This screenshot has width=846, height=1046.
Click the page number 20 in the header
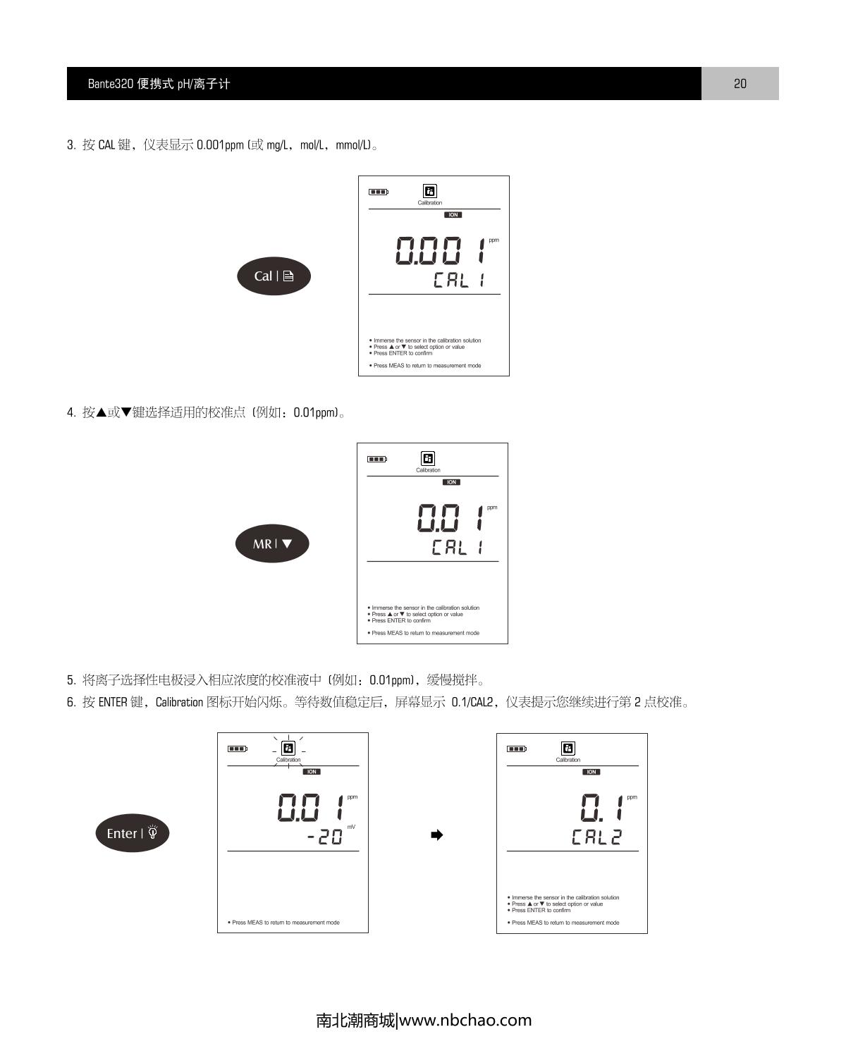[x=740, y=84]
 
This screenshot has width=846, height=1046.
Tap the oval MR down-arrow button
[x=272, y=543]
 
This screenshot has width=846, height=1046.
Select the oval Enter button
[x=133, y=833]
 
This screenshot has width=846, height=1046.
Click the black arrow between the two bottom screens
[x=437, y=835]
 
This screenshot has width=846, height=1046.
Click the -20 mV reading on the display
[x=325, y=837]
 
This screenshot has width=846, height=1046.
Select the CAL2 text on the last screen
[x=596, y=837]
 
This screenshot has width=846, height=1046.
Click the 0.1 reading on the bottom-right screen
[x=601, y=808]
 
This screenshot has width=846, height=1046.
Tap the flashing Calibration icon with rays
[x=288, y=749]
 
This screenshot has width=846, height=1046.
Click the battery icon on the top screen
[x=379, y=192]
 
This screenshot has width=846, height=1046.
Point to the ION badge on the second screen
[x=451, y=482]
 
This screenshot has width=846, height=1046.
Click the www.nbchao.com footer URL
[x=465, y=1021]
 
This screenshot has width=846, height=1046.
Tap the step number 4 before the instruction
[x=70, y=413]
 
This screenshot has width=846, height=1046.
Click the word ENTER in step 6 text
[x=113, y=702]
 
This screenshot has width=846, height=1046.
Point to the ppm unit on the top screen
[x=493, y=240]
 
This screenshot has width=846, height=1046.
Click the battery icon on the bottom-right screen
[x=517, y=749]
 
